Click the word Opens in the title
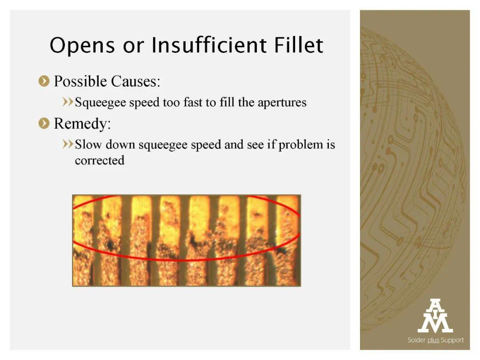[x=82, y=46]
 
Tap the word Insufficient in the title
[x=209, y=45]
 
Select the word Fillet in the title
[x=299, y=45]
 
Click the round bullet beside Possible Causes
[x=44, y=81]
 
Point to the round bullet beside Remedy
[x=44, y=124]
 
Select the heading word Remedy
[x=82, y=124]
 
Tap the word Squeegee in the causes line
[x=100, y=103]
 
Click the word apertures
[x=282, y=103]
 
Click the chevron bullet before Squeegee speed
[x=68, y=102]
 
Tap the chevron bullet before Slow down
[x=68, y=144]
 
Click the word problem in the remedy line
[x=300, y=145]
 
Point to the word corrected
[x=100, y=160]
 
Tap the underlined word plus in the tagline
[x=433, y=340]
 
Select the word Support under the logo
[x=452, y=340]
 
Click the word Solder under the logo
[x=416, y=340]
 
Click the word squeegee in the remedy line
[x=163, y=145]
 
